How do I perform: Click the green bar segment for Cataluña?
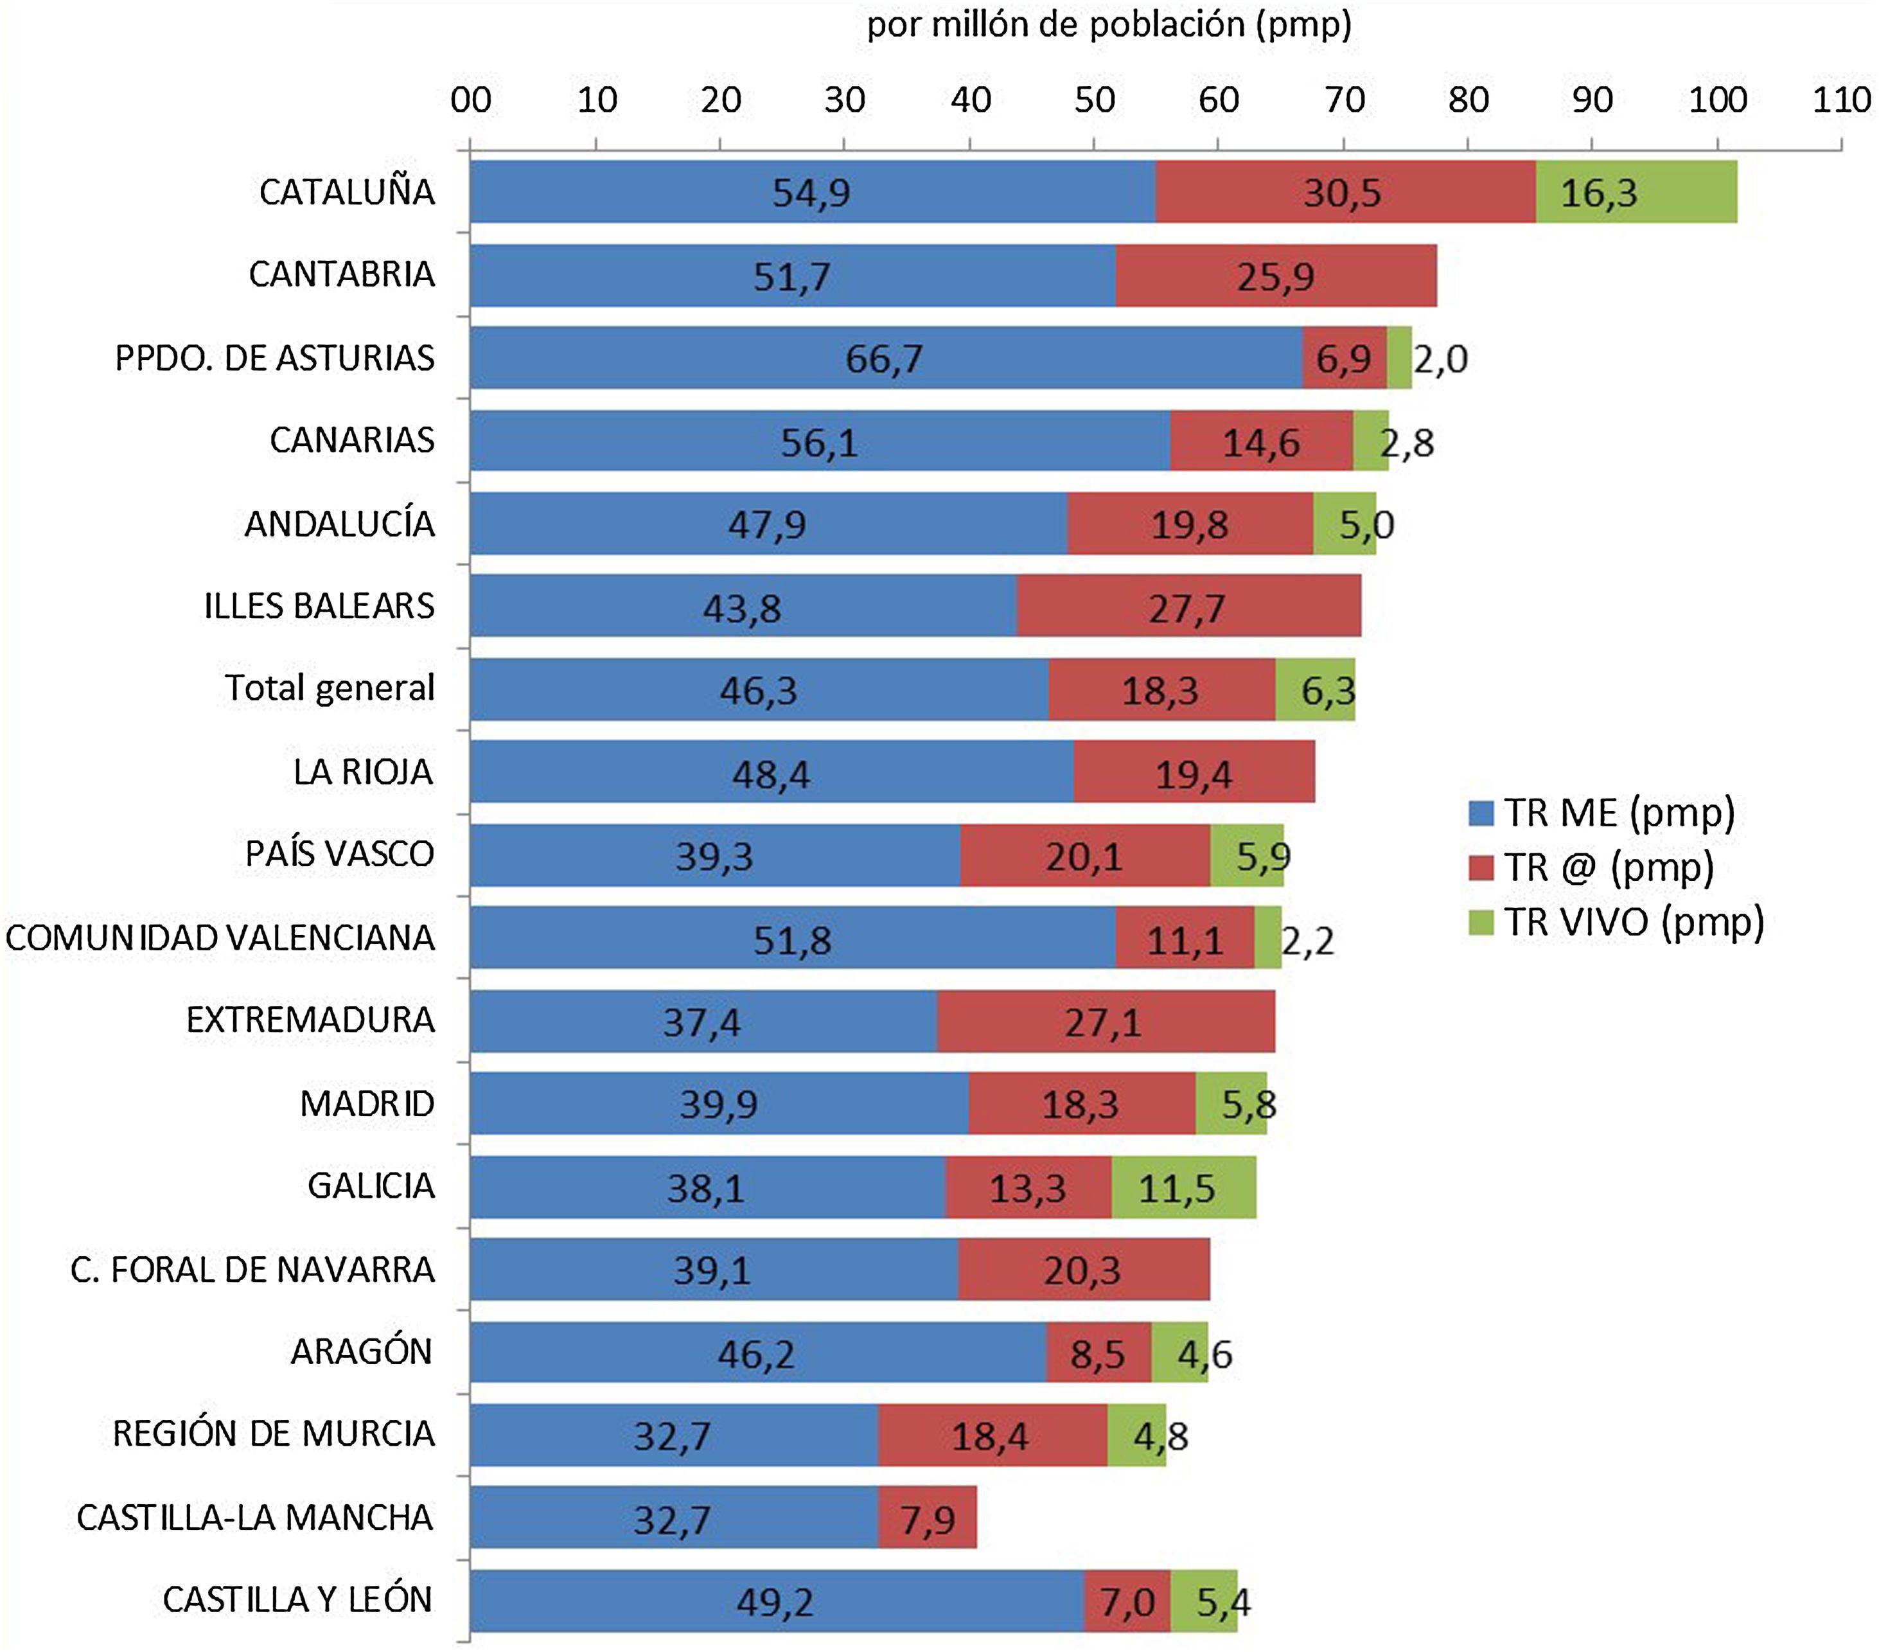click(1636, 191)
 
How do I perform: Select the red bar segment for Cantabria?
click(1275, 275)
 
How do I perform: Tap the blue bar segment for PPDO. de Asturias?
click(885, 358)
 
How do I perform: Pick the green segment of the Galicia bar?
click(1183, 1187)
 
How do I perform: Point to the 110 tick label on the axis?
click(1841, 100)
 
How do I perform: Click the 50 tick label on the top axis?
click(1094, 100)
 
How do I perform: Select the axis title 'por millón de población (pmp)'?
click(1109, 25)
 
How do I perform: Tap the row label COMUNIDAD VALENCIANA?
click(220, 937)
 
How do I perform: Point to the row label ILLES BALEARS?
click(319, 606)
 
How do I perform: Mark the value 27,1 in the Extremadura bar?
click(1102, 1022)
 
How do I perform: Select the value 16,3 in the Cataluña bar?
click(1599, 193)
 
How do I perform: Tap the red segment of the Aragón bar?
click(1098, 1353)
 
